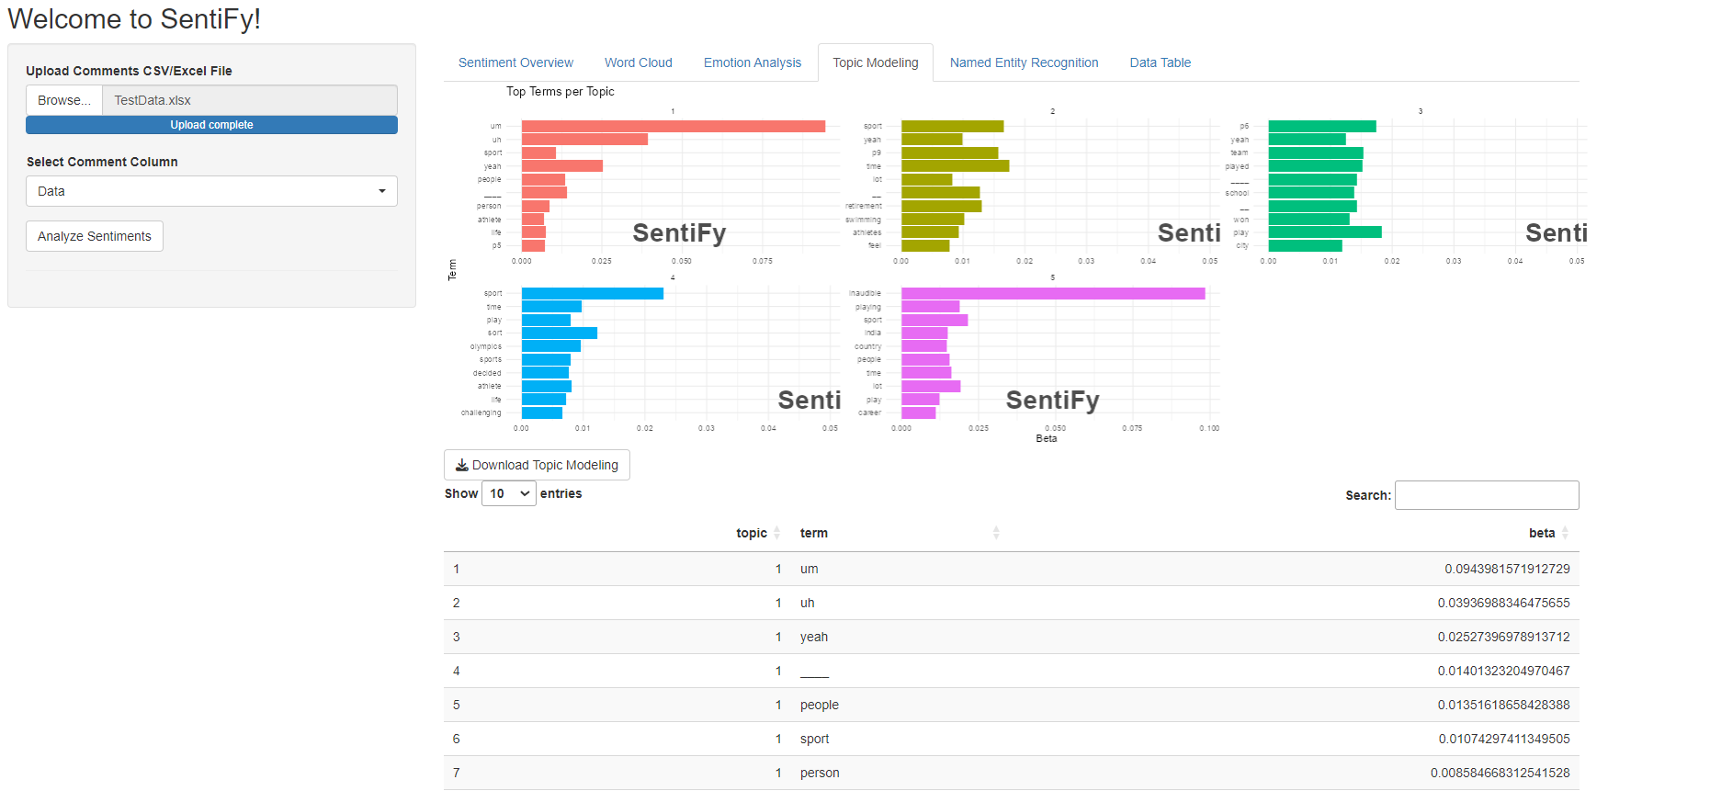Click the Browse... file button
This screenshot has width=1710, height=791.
click(x=64, y=100)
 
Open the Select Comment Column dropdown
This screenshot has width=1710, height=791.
click(x=211, y=191)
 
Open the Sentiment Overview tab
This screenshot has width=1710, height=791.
click(x=515, y=62)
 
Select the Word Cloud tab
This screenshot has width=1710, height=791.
click(x=639, y=62)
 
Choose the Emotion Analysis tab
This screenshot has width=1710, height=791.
click(x=753, y=62)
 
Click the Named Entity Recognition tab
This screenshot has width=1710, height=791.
click(x=1024, y=62)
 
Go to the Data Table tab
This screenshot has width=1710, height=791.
click(x=1160, y=62)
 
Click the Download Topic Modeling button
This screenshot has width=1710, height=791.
click(x=537, y=465)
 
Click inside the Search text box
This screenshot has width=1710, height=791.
click(x=1486, y=495)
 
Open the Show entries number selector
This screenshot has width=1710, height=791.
click(x=509, y=493)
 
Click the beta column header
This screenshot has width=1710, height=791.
click(x=1542, y=533)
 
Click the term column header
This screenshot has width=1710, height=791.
click(x=814, y=533)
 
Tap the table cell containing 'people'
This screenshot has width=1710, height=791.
click(x=820, y=705)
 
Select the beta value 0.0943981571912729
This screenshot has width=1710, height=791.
click(x=1507, y=569)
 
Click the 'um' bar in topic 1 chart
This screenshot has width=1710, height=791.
click(x=673, y=126)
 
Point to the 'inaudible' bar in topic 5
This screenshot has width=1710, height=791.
click(x=1052, y=293)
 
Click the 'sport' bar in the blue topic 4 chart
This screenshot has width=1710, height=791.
click(x=592, y=293)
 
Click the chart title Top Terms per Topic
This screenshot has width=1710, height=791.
click(x=561, y=91)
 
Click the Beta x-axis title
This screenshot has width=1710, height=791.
click(x=1047, y=438)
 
